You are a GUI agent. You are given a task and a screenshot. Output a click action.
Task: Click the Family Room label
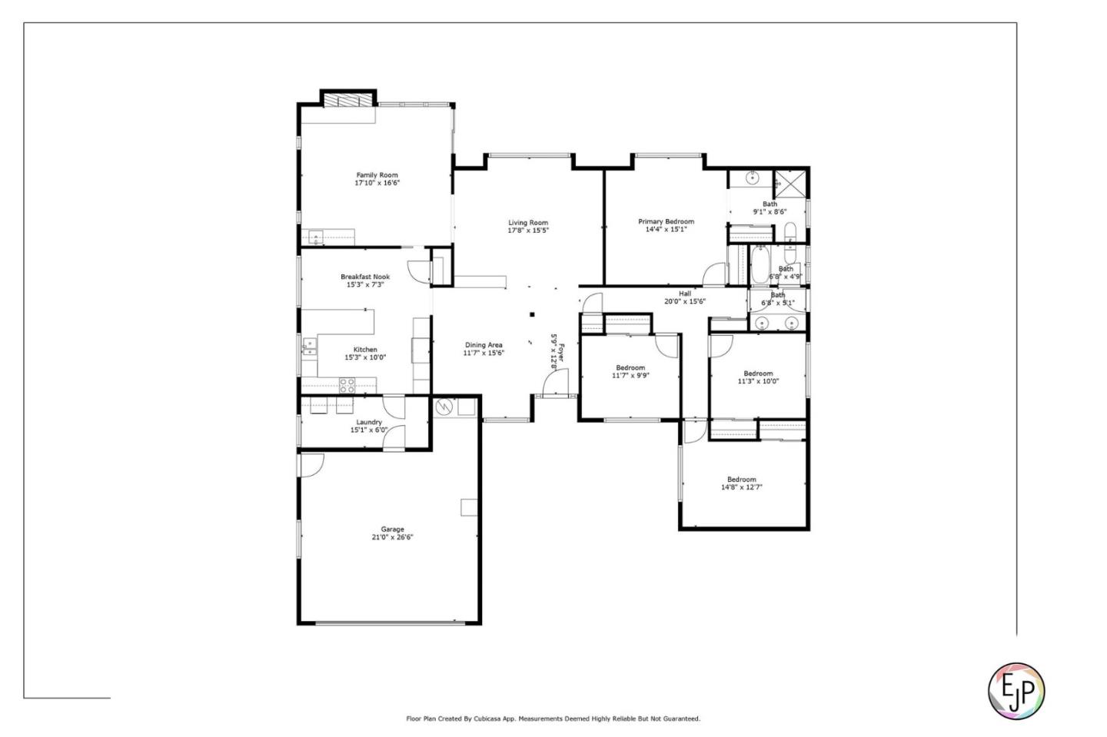pos(377,175)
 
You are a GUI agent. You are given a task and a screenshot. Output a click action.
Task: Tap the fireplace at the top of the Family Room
pos(347,101)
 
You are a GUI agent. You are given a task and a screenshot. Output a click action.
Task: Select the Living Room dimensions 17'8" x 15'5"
pos(528,231)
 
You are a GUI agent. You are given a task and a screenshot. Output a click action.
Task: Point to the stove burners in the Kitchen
pos(347,386)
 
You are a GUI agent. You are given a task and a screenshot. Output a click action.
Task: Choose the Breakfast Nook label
pos(365,277)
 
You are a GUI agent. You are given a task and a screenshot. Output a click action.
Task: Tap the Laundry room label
pos(369,422)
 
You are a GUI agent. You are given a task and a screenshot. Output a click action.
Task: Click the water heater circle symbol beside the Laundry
pos(444,407)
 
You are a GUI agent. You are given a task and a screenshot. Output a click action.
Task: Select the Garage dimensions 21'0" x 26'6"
pos(392,537)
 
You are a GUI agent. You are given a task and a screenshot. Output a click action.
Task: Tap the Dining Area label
pos(484,345)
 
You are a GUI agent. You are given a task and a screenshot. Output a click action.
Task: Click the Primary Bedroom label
pos(666,221)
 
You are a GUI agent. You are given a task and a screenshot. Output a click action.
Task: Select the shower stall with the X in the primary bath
pos(789,183)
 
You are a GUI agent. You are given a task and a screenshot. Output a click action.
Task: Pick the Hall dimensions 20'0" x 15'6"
pos(684,301)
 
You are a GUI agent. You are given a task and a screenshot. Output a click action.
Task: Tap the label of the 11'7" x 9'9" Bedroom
pos(630,367)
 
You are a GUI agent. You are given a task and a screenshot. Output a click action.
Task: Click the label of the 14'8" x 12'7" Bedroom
pos(742,480)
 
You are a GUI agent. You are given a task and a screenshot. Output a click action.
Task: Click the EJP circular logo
pos(1016,690)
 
